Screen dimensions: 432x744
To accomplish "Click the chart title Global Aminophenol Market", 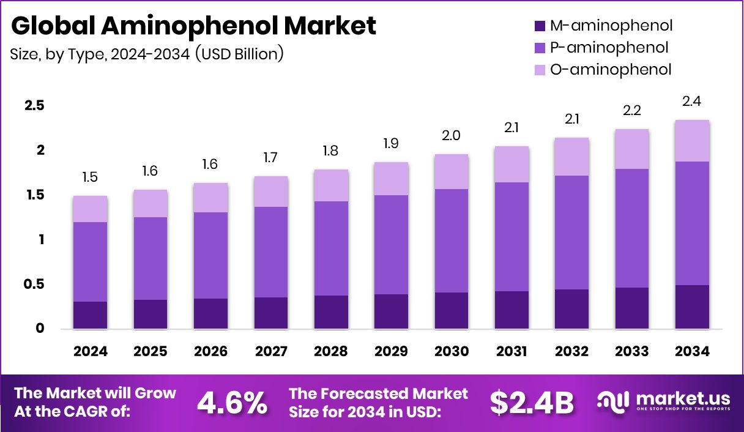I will point(193,26).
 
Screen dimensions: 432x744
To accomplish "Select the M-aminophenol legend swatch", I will point(539,26).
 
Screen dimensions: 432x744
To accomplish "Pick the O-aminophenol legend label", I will point(611,70).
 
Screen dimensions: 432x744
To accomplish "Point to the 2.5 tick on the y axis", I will point(34,106).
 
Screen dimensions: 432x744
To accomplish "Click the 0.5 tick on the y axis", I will point(34,285).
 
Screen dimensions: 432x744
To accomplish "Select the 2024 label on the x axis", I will point(90,352).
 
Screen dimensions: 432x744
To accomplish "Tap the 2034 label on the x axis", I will point(692,352).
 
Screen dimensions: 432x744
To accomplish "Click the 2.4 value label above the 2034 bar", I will point(692,101).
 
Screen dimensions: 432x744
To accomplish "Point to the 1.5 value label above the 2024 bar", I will point(90,177).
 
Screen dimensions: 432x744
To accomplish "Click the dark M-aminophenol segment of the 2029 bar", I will point(391,311).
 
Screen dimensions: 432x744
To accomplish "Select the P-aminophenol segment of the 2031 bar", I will point(511,237).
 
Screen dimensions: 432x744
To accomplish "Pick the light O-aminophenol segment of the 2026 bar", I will point(210,198).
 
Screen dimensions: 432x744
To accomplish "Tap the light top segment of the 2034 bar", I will point(692,141).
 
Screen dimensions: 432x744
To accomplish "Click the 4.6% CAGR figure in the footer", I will point(232,403).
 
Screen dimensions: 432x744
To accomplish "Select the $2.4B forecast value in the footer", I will point(532,403).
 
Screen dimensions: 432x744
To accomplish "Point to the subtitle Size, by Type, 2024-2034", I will point(147,54).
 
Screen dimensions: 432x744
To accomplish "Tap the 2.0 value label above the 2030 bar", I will point(451,135).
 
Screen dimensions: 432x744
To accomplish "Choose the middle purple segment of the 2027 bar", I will point(270,252).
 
